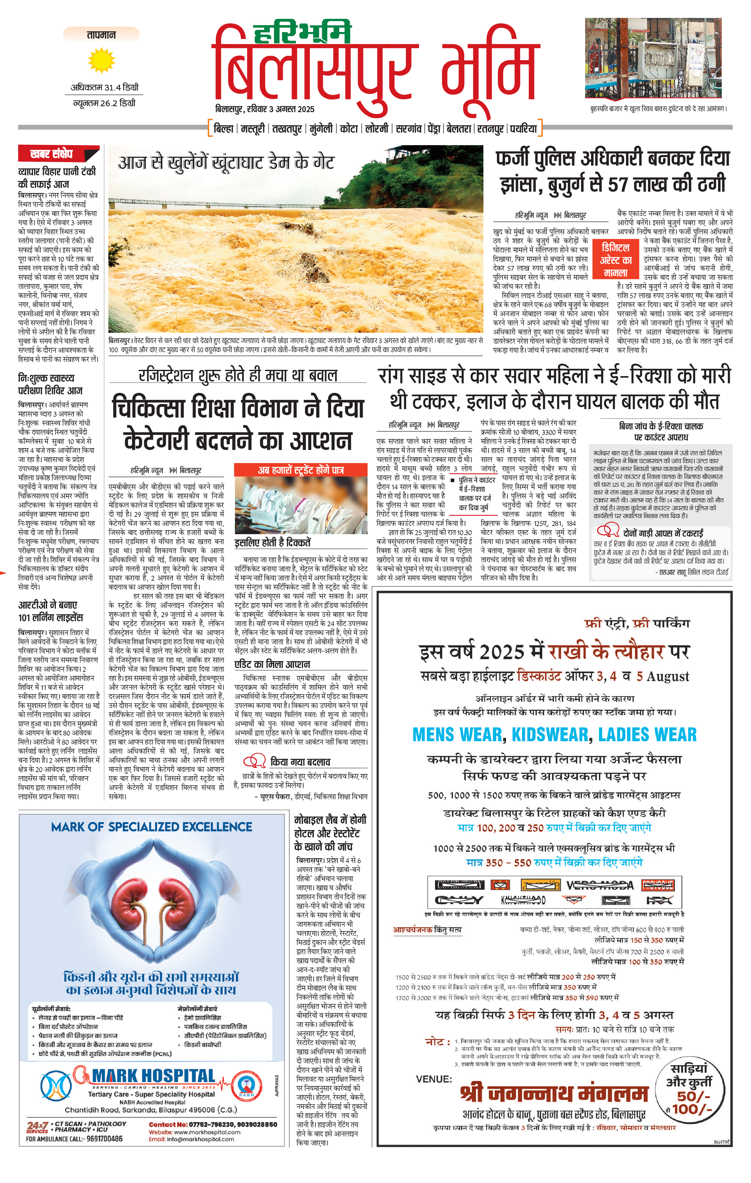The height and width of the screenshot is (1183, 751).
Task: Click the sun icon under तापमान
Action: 101,60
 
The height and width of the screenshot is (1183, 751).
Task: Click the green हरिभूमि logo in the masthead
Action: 302,32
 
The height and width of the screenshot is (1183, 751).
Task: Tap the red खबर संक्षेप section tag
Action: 52,154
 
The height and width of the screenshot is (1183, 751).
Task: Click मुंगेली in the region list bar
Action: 321,129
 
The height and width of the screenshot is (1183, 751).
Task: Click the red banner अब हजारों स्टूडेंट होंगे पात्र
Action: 301,470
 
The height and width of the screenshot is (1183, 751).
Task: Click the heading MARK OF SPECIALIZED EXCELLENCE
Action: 151,827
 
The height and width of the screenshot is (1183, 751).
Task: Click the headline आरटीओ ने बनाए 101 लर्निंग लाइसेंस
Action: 51,611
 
